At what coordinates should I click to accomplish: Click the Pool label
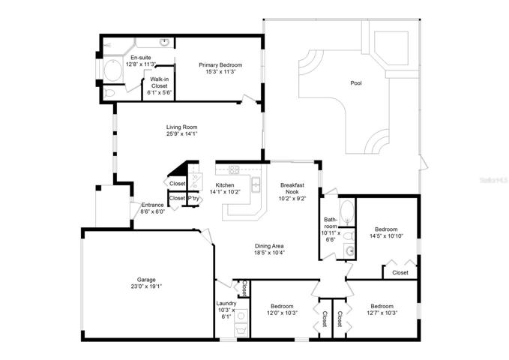pos(356,83)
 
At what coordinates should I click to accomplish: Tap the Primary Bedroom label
pos(220,65)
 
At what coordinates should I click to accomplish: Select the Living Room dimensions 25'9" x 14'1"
pos(181,133)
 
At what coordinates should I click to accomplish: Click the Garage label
pos(146,280)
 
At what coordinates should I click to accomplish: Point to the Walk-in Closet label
pos(160,82)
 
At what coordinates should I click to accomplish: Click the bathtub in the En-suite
pos(112,70)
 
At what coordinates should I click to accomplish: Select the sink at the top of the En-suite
pos(165,42)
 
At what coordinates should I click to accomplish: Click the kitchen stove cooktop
pos(234,169)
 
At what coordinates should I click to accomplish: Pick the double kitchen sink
pos(256,184)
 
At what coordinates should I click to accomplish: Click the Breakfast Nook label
pos(292,188)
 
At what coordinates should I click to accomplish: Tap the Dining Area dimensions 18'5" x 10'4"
pos(269,253)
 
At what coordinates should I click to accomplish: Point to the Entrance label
pos(153,205)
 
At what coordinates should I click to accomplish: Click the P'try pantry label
pos(194,198)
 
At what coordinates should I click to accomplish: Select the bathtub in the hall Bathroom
pos(347,212)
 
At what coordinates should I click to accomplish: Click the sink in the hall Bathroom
pos(349,250)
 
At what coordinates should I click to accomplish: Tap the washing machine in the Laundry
pos(241,316)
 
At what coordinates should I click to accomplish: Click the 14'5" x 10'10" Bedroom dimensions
pos(386,236)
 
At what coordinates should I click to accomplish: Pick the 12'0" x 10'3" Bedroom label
pos(282,306)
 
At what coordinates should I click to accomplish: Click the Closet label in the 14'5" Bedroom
pos(400,272)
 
